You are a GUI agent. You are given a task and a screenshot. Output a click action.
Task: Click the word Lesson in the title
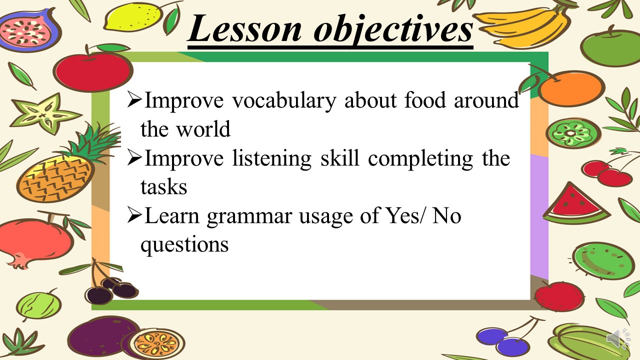[245, 29]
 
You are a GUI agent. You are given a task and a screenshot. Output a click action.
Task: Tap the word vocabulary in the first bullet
[283, 101]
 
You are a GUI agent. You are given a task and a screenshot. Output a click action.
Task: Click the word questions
[184, 245]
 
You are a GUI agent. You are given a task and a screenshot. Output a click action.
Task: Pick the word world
[203, 129]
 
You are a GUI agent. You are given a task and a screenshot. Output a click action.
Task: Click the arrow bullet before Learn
[134, 215]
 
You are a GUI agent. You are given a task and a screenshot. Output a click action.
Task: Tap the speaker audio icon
[617, 338]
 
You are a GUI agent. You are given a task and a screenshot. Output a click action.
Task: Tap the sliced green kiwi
[573, 133]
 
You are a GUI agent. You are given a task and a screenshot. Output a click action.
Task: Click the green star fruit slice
[44, 113]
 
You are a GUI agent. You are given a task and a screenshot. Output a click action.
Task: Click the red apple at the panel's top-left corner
[93, 68]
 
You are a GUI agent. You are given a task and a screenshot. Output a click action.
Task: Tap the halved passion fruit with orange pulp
[155, 344]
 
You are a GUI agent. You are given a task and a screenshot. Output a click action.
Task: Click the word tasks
[163, 187]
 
